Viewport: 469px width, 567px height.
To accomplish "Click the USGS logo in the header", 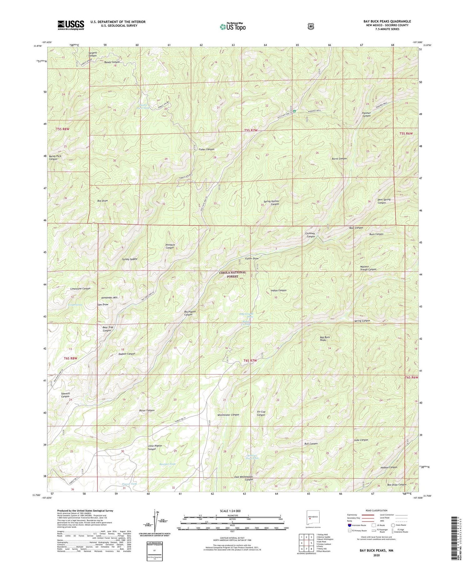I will (71, 25).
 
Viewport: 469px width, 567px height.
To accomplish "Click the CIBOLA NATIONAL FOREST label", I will (232, 274).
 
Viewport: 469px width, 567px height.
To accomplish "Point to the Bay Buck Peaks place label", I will (325, 339).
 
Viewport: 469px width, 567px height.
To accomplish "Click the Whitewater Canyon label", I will (228, 415).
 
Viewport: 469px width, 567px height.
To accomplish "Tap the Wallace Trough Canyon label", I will (368, 268).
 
